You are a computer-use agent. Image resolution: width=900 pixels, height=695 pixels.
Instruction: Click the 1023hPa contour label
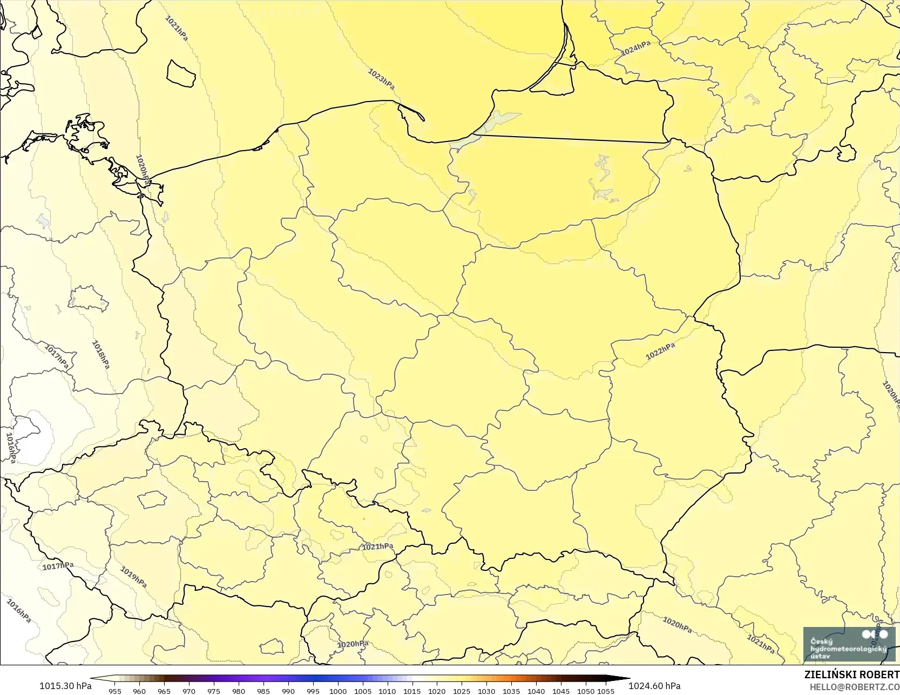pyautogui.click(x=381, y=79)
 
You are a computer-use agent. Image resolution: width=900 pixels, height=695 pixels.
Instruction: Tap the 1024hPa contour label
pyautogui.click(x=635, y=49)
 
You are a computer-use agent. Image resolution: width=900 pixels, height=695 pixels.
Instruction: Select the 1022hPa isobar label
pyautogui.click(x=660, y=352)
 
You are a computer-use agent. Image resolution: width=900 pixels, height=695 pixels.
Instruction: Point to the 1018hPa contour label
pyautogui.click(x=101, y=355)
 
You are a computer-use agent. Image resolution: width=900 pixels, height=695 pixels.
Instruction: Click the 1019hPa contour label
pyautogui.click(x=133, y=577)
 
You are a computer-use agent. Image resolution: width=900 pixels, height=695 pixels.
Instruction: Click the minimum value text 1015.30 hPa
pyautogui.click(x=65, y=686)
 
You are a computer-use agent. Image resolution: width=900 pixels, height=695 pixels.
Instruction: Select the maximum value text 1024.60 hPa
pyautogui.click(x=654, y=686)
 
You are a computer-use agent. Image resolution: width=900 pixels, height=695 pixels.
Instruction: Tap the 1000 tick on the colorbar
pyautogui.click(x=338, y=691)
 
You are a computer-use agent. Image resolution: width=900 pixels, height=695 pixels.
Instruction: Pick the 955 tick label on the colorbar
pyautogui.click(x=115, y=691)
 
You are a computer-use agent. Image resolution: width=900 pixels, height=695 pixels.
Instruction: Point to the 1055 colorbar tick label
pyautogui.click(x=606, y=691)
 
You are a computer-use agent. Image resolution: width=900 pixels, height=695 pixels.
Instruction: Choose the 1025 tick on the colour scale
pyautogui.click(x=462, y=691)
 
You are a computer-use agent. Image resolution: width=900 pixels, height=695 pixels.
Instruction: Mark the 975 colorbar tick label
pyautogui.click(x=214, y=691)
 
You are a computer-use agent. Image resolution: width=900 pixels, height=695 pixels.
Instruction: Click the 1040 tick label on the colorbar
pyautogui.click(x=536, y=691)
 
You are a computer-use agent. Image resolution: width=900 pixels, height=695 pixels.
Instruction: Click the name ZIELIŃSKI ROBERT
pyautogui.click(x=851, y=675)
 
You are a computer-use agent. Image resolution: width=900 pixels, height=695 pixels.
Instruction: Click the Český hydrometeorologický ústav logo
pyautogui.click(x=849, y=644)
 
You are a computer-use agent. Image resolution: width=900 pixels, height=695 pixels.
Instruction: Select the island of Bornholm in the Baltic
pyautogui.click(x=181, y=73)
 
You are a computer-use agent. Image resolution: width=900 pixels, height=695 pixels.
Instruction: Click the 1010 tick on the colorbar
pyautogui.click(x=387, y=691)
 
